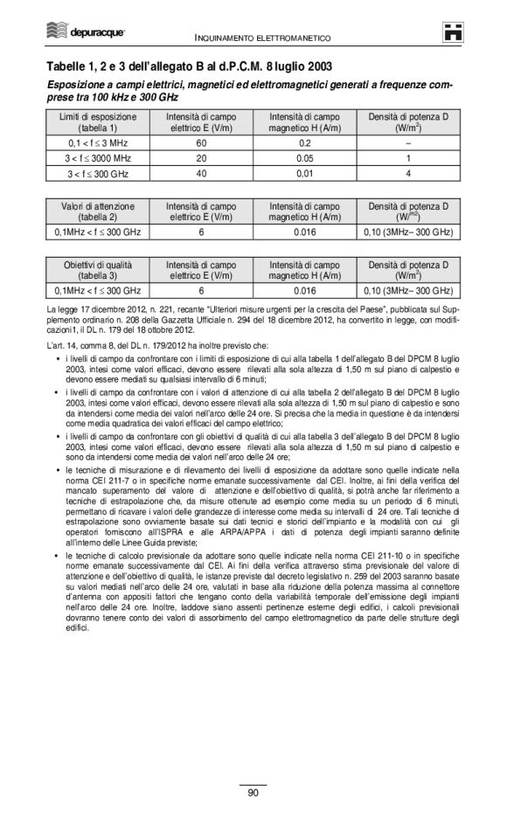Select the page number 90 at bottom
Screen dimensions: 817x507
tap(253, 793)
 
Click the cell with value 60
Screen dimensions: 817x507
tap(201, 142)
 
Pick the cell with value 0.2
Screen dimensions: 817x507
tap(305, 142)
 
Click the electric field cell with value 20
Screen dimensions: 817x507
tap(201, 158)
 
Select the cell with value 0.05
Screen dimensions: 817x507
tap(305, 158)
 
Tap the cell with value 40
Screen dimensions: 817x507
tap(201, 174)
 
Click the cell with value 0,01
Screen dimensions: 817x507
tap(305, 174)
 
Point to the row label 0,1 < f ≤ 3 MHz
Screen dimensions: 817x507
tap(97, 142)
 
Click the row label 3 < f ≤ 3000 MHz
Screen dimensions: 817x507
tap(97, 158)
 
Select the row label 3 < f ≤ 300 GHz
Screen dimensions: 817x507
tap(97, 174)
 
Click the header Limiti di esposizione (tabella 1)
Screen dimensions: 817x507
tap(97, 121)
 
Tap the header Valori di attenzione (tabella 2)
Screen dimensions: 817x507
tap(97, 211)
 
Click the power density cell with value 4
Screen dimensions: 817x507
tap(408, 174)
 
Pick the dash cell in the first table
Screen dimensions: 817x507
tap(408, 142)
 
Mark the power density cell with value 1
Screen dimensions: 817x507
tap(408, 158)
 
